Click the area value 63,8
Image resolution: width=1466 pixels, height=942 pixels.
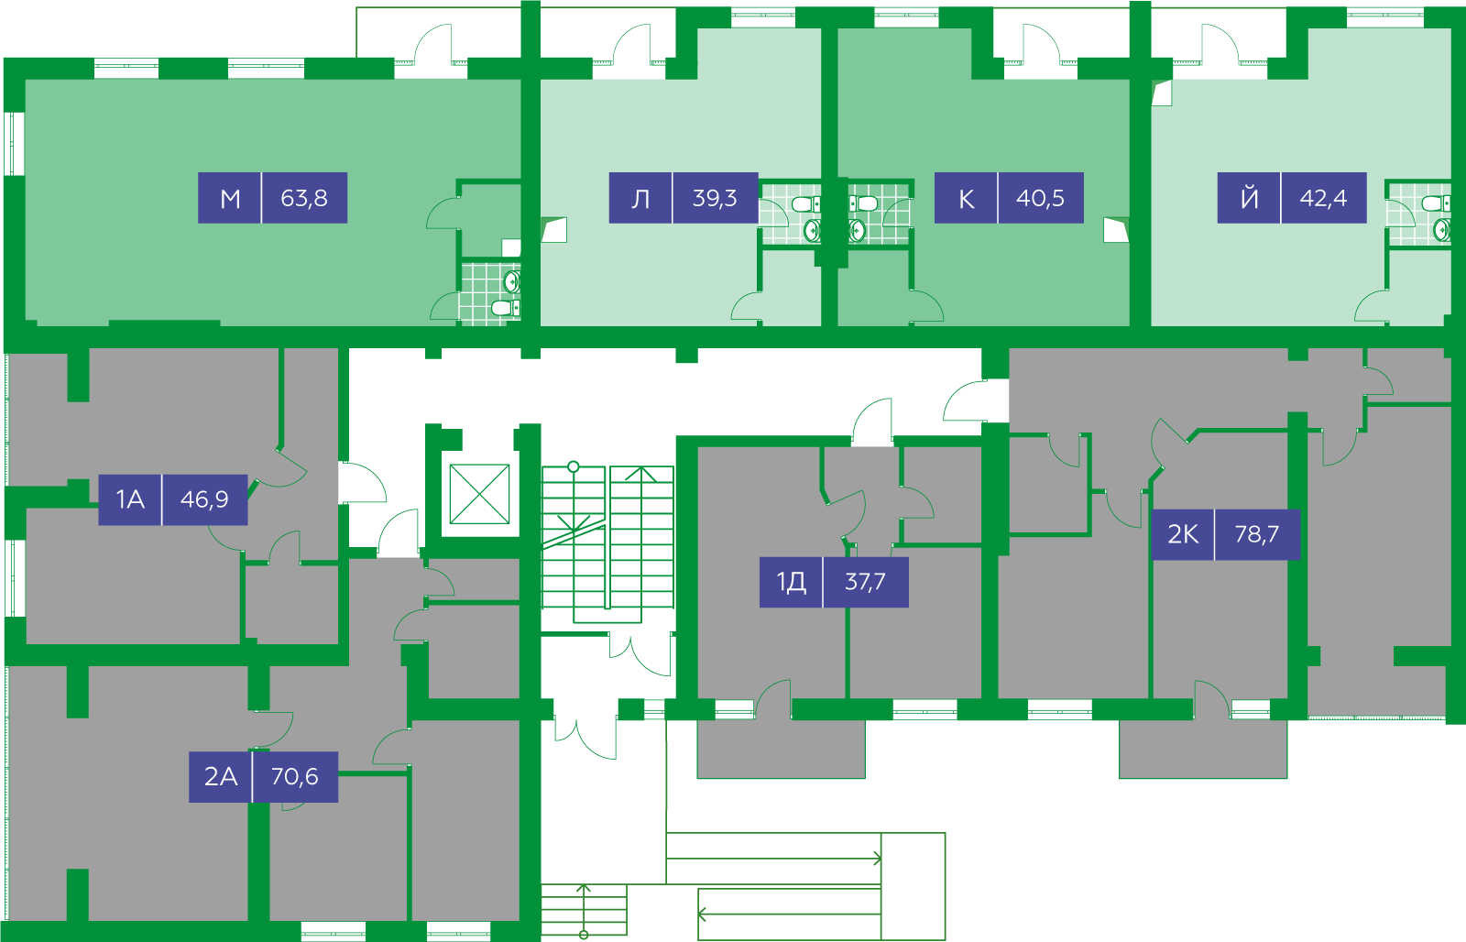(303, 198)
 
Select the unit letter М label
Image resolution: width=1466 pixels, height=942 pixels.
(230, 198)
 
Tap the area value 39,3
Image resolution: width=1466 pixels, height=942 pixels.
(715, 198)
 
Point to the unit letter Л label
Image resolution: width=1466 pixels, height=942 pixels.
(640, 198)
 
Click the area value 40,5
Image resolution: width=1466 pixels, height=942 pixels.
(1040, 198)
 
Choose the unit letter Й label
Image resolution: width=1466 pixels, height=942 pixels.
(1250, 197)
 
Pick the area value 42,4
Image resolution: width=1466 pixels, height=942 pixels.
(1323, 198)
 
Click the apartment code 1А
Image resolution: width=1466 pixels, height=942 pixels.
(130, 499)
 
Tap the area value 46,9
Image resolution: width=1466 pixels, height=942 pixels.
(204, 499)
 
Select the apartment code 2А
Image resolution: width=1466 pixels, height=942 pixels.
(221, 776)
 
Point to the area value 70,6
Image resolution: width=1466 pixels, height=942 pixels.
(294, 776)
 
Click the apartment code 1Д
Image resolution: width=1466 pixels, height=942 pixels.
(792, 582)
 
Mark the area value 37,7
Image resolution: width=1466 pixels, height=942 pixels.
(865, 582)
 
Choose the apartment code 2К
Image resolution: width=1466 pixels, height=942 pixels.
(1183, 534)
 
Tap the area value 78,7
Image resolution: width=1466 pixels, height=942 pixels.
(1257, 534)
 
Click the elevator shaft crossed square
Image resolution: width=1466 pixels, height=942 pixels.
(480, 494)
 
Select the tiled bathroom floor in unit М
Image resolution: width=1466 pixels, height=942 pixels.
(490, 292)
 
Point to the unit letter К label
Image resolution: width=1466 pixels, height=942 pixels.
(966, 198)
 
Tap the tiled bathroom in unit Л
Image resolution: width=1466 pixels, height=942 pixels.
(790, 214)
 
